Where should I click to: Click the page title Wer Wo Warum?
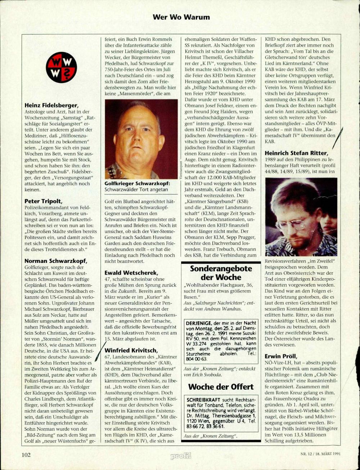click(181, 17)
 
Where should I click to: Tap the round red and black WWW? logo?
click(62, 67)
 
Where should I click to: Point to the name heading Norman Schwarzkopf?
click(56, 261)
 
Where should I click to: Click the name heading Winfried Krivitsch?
click(131, 350)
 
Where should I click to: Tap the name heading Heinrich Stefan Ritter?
click(296, 153)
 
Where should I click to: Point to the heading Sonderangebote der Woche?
click(221, 273)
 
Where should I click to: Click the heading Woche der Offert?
click(221, 387)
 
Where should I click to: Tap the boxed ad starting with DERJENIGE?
click(221, 341)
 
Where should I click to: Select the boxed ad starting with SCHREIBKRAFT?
click(221, 413)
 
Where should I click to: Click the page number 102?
click(26, 455)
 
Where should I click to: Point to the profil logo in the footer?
click(181, 456)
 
